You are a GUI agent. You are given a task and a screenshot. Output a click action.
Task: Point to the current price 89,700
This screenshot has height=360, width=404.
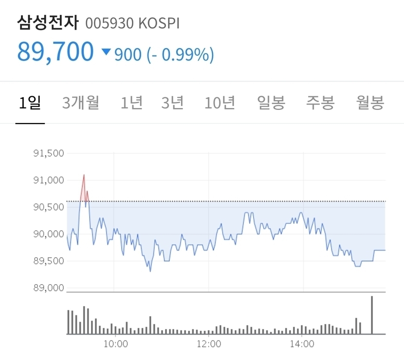(55, 52)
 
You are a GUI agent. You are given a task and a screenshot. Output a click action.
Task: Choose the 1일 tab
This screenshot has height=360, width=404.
(30, 103)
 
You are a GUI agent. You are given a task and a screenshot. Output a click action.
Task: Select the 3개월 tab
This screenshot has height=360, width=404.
(81, 103)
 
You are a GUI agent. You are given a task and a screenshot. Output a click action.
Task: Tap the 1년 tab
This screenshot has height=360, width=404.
(131, 103)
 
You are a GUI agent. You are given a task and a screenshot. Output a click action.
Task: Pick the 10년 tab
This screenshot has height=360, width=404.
(220, 103)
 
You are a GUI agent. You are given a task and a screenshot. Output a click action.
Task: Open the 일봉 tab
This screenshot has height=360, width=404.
(271, 103)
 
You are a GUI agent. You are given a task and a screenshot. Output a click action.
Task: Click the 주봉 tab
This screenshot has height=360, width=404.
(320, 103)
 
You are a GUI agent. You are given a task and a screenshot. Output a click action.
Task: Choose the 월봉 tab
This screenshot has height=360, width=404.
(370, 103)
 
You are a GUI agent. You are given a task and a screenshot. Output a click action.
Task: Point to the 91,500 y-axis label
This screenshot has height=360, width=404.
(48, 154)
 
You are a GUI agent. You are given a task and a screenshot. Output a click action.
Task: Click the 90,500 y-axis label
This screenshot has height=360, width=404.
(48, 207)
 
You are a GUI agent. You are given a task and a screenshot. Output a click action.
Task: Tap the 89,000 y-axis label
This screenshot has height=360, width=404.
(48, 288)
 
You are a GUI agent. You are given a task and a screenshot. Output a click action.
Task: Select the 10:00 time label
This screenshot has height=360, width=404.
(115, 344)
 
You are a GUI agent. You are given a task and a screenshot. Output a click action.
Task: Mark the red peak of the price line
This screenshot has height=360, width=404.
(84, 175)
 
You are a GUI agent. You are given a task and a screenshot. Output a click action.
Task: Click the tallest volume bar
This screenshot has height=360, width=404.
(372, 315)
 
